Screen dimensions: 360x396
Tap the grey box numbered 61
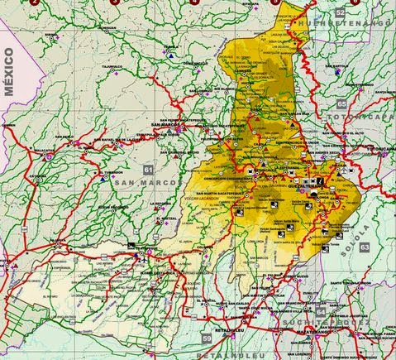pos(147,169)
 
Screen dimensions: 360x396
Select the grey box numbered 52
pos(341,14)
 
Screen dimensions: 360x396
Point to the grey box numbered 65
pos(341,104)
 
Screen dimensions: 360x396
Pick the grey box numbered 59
pos(206,338)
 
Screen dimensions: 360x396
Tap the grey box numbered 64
pos(321,311)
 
